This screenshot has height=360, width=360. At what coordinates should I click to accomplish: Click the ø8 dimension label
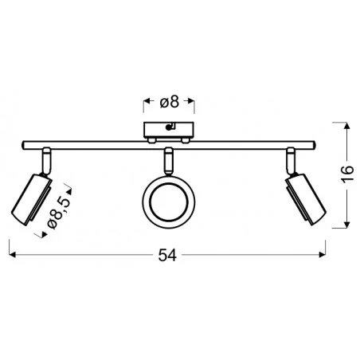click(170, 102)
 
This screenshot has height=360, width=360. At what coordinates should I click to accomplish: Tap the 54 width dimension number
click(167, 256)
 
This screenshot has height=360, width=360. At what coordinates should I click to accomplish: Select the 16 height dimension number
click(347, 174)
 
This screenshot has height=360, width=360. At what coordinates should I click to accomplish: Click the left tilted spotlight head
click(32, 200)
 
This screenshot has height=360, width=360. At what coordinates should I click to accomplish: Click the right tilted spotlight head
click(306, 200)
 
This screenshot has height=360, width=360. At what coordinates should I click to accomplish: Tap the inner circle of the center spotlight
click(169, 202)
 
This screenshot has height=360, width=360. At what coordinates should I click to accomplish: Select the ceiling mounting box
click(169, 130)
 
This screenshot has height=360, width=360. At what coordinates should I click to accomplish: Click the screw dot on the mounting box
click(168, 127)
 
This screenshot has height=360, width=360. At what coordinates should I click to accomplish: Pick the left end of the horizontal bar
click(23, 145)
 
